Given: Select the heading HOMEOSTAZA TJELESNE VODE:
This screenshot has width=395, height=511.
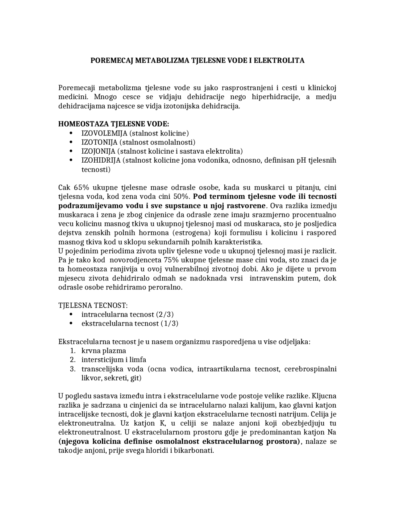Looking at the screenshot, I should coord(114,124).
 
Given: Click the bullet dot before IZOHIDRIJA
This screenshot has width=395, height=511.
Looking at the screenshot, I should coord(71,160).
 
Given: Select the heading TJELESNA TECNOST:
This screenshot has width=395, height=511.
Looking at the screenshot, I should coord(93,305).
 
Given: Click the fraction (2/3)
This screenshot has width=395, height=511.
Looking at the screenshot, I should coord(165,314).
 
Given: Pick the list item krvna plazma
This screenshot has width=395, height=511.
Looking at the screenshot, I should coord(104,351).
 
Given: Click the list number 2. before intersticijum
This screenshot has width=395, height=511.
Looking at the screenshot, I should coord(73,360).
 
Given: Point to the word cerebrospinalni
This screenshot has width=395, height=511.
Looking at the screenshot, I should coord(310,369).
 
